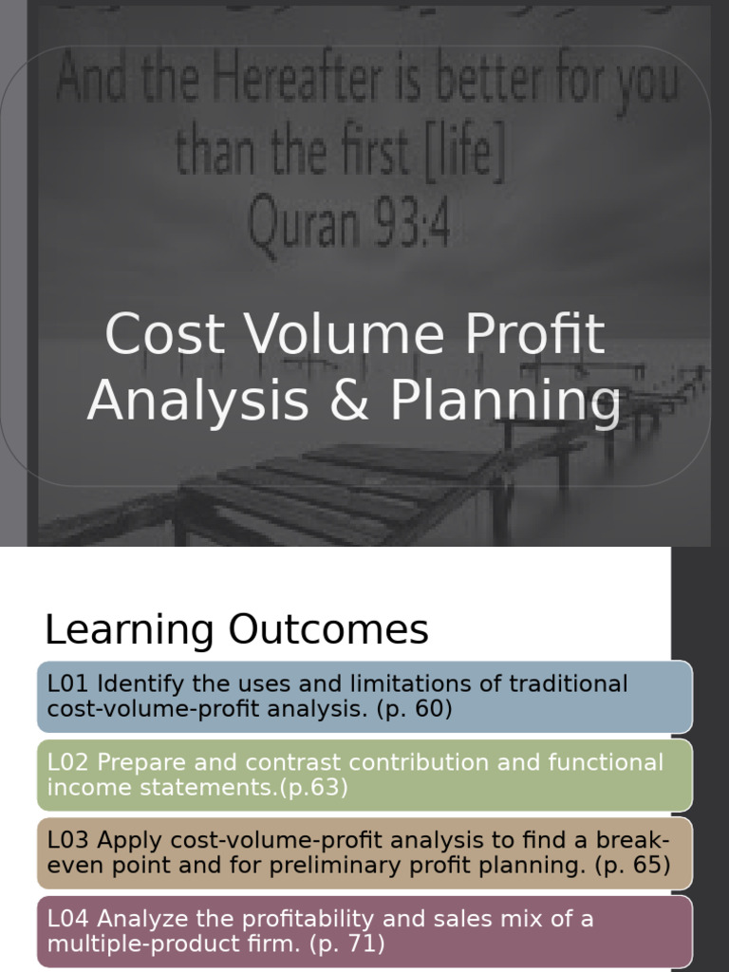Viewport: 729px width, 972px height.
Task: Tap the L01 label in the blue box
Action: (x=67, y=684)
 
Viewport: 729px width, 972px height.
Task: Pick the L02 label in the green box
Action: (x=67, y=763)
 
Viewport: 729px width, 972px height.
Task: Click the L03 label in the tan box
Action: (x=67, y=841)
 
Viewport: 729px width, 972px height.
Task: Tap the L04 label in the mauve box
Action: (x=67, y=919)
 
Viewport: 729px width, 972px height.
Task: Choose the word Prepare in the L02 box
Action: (x=140, y=763)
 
